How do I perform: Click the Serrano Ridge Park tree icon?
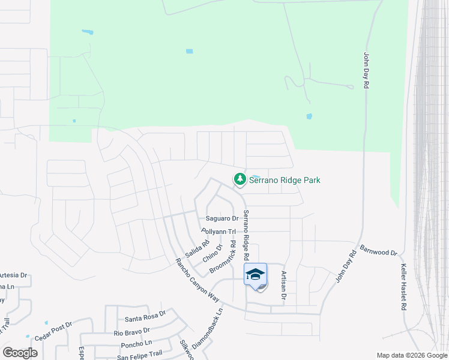point(240,179)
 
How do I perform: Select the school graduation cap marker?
point(255,274)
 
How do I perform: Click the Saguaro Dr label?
point(222,218)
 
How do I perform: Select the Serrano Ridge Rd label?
point(246,235)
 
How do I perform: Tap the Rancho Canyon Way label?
point(197,279)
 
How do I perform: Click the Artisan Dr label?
point(283,285)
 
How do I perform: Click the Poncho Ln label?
point(131,344)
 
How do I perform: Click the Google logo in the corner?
point(20,353)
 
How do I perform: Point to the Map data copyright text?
point(412,355)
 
